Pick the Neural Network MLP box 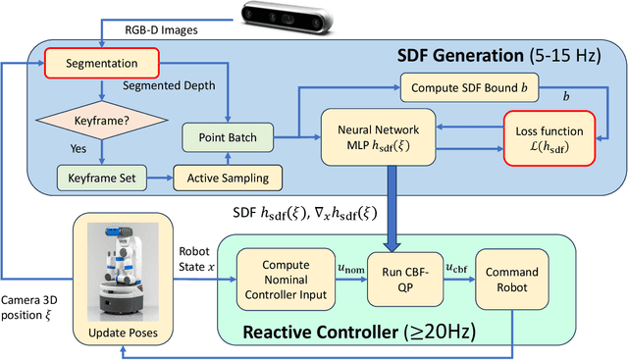(x=378, y=136)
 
